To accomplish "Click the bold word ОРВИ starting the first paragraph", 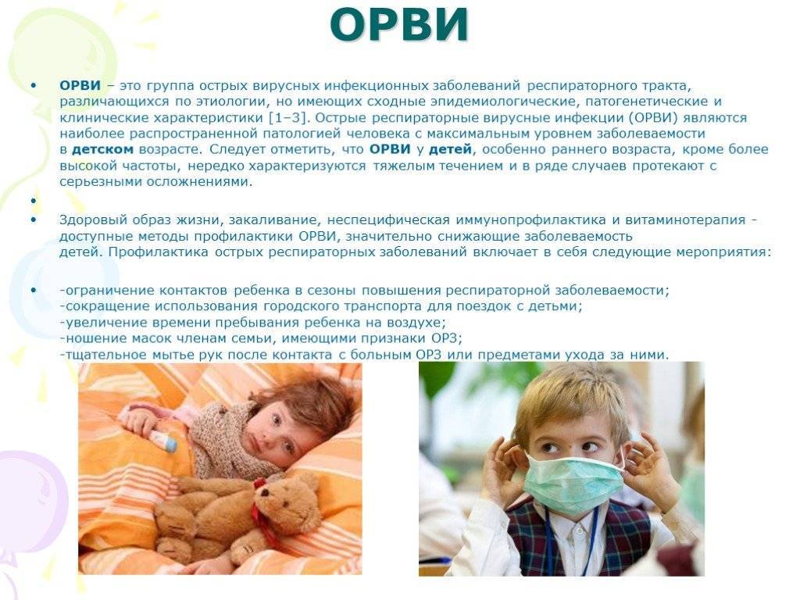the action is coord(80,85).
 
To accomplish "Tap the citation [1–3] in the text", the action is coord(289,118).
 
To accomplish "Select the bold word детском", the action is coord(102,149).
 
